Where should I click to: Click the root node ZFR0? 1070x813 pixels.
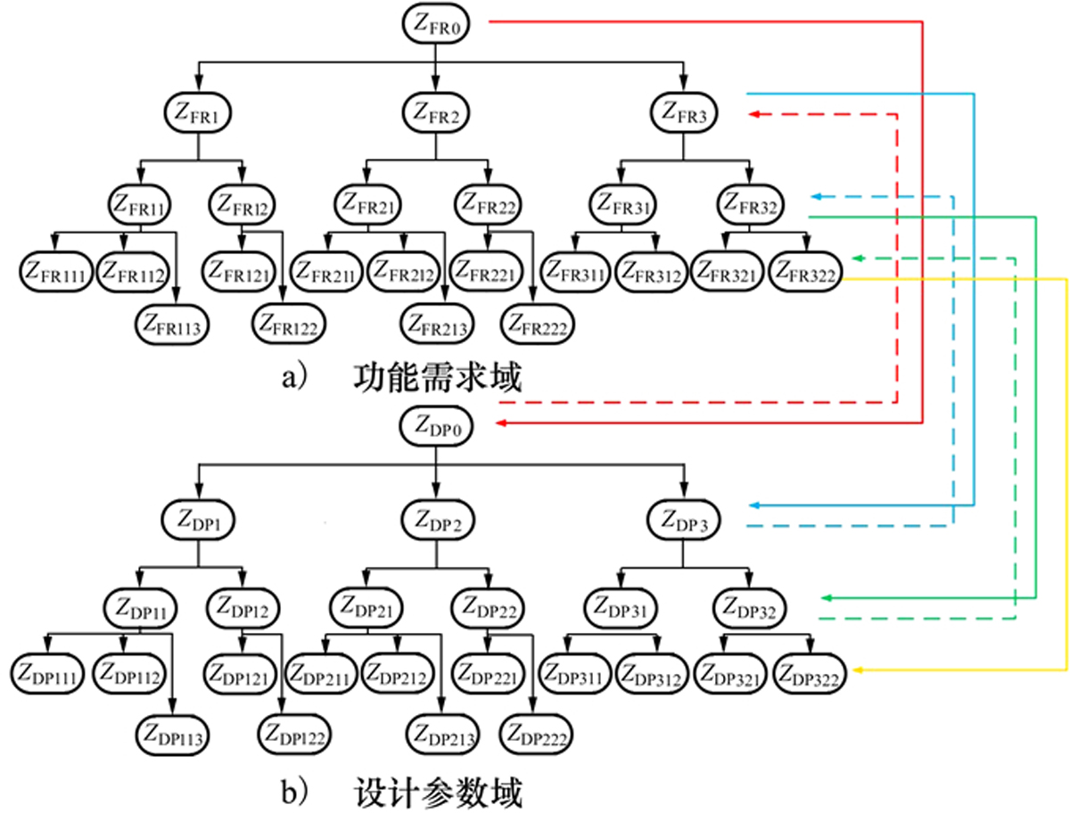435,23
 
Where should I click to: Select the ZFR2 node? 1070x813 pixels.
435,112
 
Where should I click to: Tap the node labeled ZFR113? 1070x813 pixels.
171,324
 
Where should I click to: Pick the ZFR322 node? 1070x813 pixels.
805,272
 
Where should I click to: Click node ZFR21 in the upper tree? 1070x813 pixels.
367,204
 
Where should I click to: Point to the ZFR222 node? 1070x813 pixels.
537,324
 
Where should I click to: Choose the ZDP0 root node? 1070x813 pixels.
436,426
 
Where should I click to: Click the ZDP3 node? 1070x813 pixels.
683,520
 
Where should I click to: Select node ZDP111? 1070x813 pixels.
47,674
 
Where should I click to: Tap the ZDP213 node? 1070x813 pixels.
442,734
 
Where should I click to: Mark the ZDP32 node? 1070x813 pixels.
749,608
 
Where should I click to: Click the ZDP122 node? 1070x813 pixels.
294,735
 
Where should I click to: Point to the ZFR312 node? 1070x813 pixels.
651,272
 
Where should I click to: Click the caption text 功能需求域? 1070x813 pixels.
437,377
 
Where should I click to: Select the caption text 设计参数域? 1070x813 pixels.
438,792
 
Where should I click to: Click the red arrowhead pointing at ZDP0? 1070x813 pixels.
502,423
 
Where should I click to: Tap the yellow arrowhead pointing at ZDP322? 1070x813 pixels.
858,670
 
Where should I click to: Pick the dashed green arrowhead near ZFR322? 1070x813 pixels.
858,259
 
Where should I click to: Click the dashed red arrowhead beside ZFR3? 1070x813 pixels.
754,114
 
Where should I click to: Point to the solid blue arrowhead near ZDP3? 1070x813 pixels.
754,505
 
